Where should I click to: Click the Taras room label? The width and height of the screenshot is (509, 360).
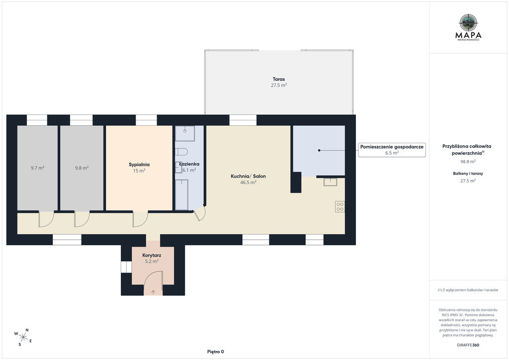[x=278, y=79]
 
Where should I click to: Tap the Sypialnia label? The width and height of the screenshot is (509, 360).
[x=139, y=165]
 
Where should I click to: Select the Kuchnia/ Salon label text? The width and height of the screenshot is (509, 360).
[x=248, y=176]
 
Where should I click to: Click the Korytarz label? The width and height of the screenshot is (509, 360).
[x=152, y=256]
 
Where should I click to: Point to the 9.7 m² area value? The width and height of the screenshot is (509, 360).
[x=37, y=168]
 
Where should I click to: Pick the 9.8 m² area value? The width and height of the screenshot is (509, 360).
[x=82, y=168]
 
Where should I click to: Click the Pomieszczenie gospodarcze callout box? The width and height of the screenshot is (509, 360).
[x=392, y=150]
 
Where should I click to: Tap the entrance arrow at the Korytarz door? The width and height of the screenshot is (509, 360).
[x=153, y=292]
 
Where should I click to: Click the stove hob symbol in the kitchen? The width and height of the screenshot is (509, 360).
[x=340, y=207]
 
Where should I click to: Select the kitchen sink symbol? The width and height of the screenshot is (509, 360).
[x=330, y=182]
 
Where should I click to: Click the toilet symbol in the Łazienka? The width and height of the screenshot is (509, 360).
[x=181, y=152]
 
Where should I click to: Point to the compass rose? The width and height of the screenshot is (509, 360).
[x=23, y=338]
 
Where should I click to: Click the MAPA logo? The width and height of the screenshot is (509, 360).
[x=468, y=27]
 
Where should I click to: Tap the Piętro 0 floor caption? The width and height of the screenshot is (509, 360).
[x=216, y=352]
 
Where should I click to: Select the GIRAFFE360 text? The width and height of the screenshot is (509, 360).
[x=468, y=345]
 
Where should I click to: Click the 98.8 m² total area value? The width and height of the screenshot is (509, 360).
[x=468, y=161]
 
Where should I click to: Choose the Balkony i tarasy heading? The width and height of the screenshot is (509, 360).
[x=468, y=174]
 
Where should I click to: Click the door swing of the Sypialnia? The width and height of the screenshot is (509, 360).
[x=140, y=219]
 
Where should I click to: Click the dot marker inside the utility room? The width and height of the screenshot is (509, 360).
[x=319, y=150]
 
